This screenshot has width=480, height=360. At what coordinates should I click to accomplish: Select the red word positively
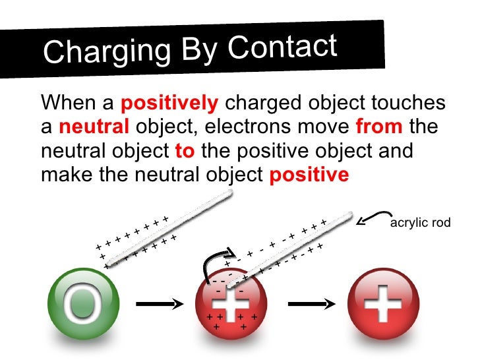169,104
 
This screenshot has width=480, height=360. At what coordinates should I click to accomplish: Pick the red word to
184,150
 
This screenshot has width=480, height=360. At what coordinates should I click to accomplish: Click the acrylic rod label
421,223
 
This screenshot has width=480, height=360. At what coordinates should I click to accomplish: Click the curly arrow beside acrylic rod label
373,217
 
